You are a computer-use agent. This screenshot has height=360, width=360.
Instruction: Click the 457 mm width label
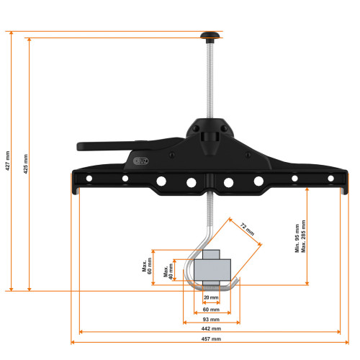[x=211, y=338]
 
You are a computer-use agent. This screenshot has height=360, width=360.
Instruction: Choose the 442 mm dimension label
[x=210, y=325]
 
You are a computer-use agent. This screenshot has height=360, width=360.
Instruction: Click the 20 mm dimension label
[x=210, y=297]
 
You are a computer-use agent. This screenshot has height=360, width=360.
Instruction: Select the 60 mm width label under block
[x=210, y=309]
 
